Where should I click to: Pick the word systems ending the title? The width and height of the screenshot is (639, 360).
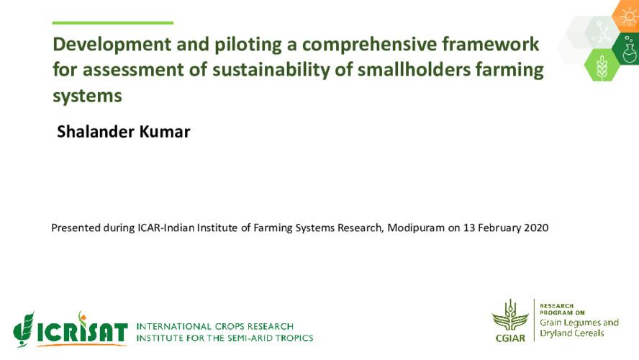point(87,96)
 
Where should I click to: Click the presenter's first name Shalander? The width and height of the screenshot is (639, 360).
point(97,132)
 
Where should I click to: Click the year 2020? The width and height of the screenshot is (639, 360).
point(535,228)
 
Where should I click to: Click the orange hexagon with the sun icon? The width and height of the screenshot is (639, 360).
point(627,16)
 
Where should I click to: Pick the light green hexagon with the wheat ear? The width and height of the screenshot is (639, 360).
point(602,65)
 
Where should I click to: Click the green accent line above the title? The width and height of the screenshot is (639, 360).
point(113,23)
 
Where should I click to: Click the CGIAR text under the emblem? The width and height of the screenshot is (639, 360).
point(510,336)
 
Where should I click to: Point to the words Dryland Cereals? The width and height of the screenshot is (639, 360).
point(572,333)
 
